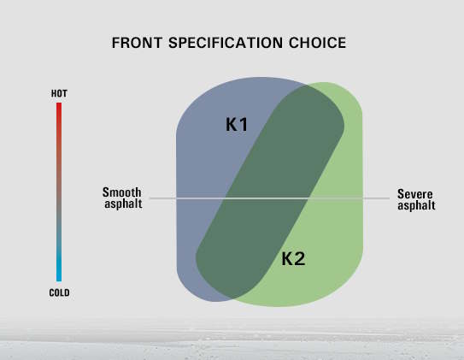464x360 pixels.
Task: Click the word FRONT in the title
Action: point(137,43)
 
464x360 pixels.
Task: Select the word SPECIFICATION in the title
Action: point(226,43)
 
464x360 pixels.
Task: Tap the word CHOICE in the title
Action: point(318,43)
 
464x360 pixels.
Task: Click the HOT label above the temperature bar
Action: point(59,93)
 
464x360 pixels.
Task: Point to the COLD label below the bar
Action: point(59,292)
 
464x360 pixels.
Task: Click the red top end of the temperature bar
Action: point(59,103)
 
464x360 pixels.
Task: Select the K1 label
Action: point(237,124)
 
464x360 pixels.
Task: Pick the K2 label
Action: point(293,259)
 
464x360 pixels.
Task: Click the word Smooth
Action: point(121,192)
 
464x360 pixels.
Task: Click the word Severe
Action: point(415,194)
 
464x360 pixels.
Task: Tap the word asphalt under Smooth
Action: point(123,204)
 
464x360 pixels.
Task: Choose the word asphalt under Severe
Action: point(416,205)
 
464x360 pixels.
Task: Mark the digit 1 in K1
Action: point(244,124)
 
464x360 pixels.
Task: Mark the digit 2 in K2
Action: point(299,259)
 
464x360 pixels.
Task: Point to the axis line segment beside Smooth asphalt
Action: point(162,198)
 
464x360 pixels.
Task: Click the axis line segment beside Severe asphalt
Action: point(376,198)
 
